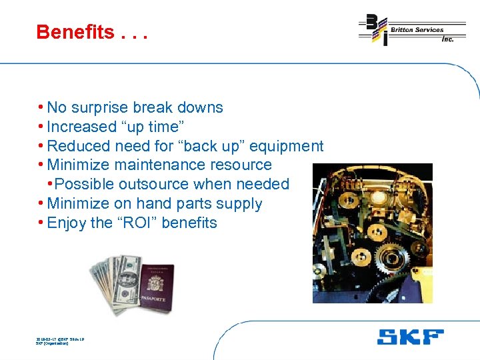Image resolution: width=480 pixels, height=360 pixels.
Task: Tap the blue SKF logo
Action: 410,337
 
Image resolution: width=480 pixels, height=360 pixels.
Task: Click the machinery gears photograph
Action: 372,233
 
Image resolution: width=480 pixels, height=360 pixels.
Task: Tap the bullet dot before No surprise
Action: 41,107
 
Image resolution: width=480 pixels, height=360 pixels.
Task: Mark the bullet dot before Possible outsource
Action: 49,184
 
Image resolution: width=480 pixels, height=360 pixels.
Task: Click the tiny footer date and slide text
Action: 59,341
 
